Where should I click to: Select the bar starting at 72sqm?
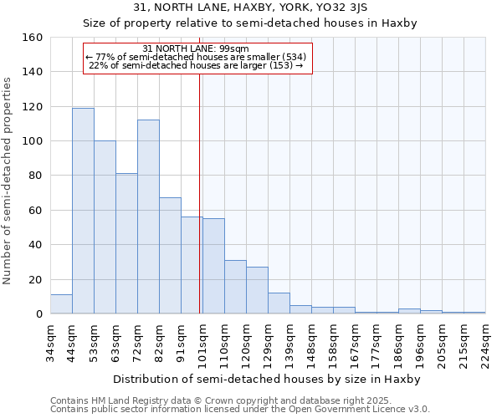pos(148,217)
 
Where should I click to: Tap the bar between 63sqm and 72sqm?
pos(126,243)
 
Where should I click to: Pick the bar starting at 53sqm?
pos(105,227)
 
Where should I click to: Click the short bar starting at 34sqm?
pos(61,304)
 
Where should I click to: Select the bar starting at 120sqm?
pos(257,290)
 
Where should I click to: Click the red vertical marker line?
pos(199,192)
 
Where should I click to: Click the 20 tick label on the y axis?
pos(35,280)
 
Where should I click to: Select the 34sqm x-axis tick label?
pos(51,343)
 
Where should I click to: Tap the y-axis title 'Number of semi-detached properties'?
pos(8,176)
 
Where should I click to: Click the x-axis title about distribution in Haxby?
pos(267,379)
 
